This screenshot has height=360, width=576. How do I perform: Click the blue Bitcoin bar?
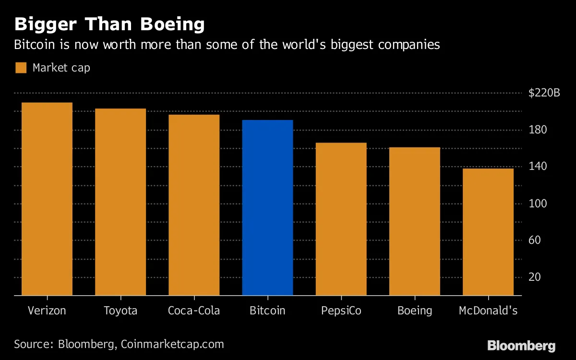coord(267,207)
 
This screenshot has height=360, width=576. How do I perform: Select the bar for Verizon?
coord(47,199)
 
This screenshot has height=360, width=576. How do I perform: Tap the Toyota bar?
coord(120,202)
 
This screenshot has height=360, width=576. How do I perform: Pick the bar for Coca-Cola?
coord(194,205)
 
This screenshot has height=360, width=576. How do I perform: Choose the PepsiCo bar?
coord(341,219)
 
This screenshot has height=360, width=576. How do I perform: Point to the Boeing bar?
coord(414,221)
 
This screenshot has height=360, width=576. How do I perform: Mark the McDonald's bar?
coord(488,232)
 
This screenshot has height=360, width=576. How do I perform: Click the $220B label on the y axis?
coord(544,93)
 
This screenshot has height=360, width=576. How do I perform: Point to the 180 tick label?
coord(538,130)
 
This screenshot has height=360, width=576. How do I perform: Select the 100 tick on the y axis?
coord(538,204)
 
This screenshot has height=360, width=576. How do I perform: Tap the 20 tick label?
coord(535,277)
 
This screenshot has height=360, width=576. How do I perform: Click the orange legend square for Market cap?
coord(21,68)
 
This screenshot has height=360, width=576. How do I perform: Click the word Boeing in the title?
coord(172,24)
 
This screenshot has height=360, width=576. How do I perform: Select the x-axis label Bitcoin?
coord(267,311)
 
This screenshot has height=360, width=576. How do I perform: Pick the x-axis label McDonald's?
coord(488,311)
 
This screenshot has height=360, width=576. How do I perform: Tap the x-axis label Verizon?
coord(47,311)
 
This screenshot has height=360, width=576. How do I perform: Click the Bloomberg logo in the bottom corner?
coord(521,346)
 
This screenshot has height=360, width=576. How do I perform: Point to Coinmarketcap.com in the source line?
coord(172,344)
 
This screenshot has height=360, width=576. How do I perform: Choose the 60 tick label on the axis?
coord(535,240)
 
